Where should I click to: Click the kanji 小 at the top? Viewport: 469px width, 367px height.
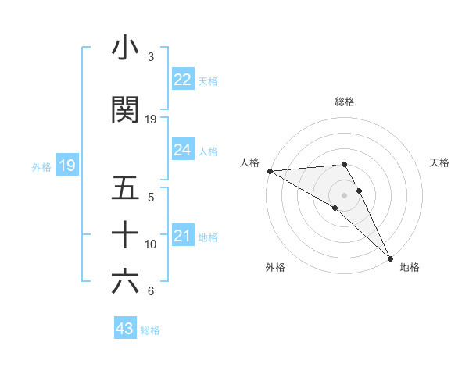pyautogui.click(x=125, y=48)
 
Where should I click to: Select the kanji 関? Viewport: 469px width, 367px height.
pyautogui.click(x=125, y=110)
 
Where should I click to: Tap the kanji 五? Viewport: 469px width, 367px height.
pyautogui.click(x=125, y=188)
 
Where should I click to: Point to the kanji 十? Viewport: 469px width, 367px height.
pyautogui.click(x=125, y=233)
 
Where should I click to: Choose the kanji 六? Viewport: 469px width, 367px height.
pyautogui.click(x=125, y=281)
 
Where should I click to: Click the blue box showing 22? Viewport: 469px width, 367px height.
pyautogui.click(x=183, y=80)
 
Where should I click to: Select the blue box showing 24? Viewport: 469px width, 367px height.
pyautogui.click(x=183, y=150)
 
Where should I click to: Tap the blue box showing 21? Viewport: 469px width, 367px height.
pyautogui.click(x=183, y=236)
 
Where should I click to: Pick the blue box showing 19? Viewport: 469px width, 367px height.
pyautogui.click(x=66, y=166)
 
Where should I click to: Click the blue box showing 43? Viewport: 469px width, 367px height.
pyautogui.click(x=125, y=329)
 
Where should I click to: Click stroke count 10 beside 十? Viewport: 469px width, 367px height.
pyautogui.click(x=151, y=244)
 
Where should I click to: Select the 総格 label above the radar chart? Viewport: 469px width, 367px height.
pyautogui.click(x=345, y=102)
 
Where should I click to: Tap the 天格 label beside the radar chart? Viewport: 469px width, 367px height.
pyautogui.click(x=440, y=162)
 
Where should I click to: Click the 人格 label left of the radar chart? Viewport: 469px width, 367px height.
pyautogui.click(x=249, y=162)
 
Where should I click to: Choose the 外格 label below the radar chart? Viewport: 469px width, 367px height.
pyautogui.click(x=275, y=268)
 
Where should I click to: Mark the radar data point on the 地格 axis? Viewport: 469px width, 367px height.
pyautogui.click(x=390, y=257)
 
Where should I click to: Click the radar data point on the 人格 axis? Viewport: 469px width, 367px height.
pyautogui.click(x=270, y=171)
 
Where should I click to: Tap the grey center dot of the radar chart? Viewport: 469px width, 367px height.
pyautogui.click(x=345, y=194)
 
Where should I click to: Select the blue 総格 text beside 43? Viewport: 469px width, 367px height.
pyautogui.click(x=150, y=330)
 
